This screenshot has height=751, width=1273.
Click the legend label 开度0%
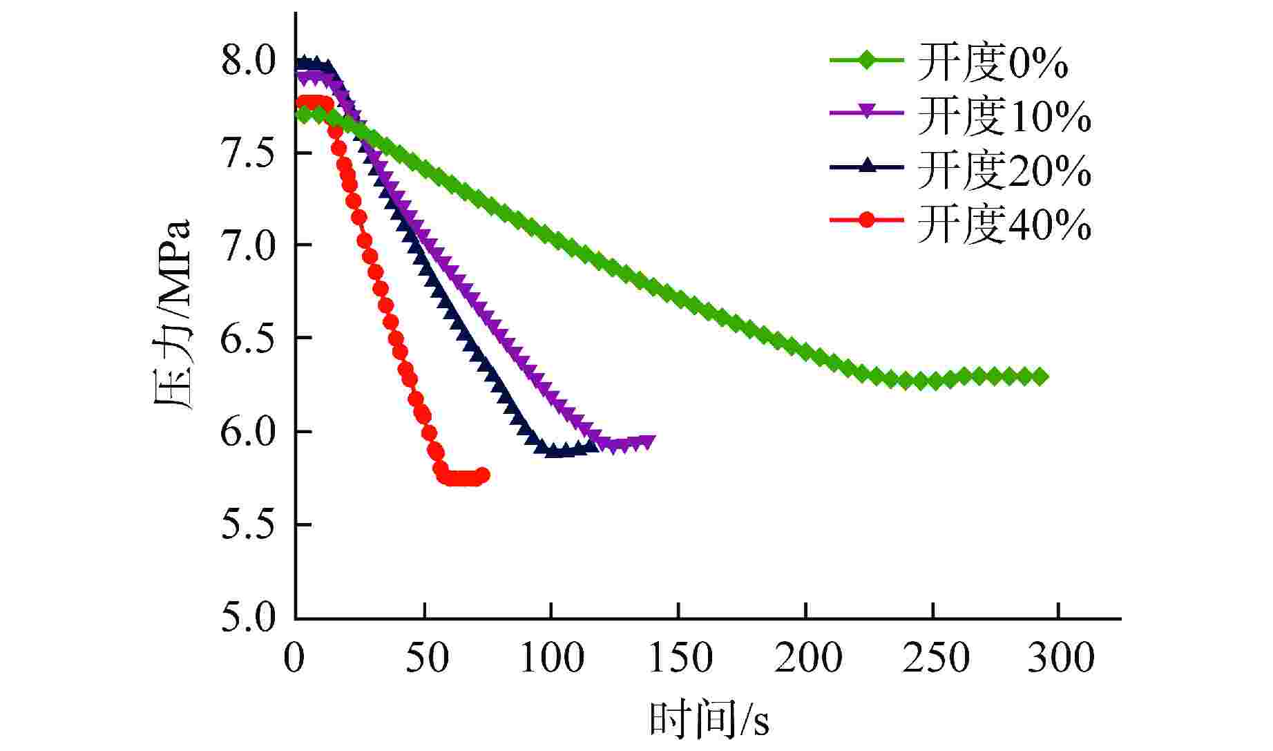pos(993,62)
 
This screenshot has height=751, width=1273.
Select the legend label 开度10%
pos(1004,116)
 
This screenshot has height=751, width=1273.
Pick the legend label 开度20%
pos(1004,170)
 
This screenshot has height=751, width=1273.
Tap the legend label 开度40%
pos(1004,224)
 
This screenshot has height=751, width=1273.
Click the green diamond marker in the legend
pos(867,61)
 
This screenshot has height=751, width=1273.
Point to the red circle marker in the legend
pos(867,220)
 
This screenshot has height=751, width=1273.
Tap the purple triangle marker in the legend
pos(867,113)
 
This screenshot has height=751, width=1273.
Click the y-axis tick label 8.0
pos(248,61)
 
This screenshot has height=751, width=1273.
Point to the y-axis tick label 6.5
pos(248,338)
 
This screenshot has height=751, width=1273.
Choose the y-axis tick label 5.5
pos(248,524)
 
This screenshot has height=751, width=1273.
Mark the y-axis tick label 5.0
pos(248,617)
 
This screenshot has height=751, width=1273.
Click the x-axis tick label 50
pos(424,658)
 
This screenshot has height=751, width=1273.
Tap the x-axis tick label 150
pos(679,658)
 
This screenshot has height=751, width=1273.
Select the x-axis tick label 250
pos(934,658)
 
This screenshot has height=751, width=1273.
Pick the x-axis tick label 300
pos(1060,658)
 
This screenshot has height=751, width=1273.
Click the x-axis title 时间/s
pos(709,722)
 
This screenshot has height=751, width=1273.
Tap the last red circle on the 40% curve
pos(482,475)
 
